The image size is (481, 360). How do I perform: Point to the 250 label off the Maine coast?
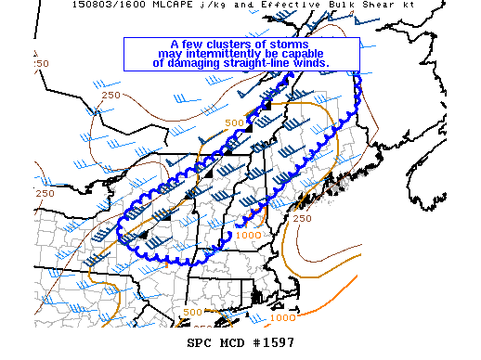tap(302, 219)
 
